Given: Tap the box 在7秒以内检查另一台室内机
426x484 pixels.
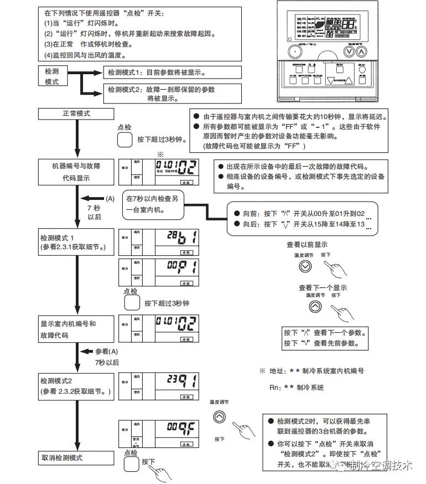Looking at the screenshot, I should pyautogui.click(x=155, y=204).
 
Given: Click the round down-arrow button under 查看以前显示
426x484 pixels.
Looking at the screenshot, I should pyautogui.click(x=305, y=266).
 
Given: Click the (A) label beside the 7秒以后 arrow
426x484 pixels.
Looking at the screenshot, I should pyautogui.click(x=110, y=198).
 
